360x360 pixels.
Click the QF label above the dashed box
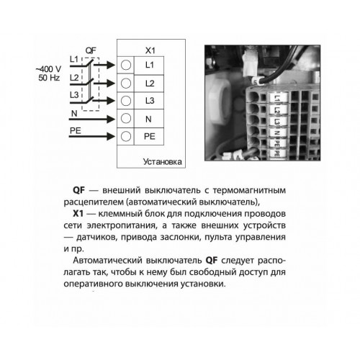pyautogui.click(x=91, y=50)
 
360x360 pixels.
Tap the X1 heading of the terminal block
pyautogui.click(x=150, y=50)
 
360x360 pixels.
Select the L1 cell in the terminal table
pyautogui.click(x=149, y=66)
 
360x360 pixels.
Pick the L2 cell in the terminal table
pyautogui.click(x=149, y=84)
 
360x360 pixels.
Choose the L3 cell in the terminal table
pyautogui.click(x=149, y=101)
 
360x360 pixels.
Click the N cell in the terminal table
pyautogui.click(x=149, y=119)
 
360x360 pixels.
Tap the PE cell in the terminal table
pyautogui.click(x=149, y=137)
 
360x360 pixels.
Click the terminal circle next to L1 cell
pyautogui.click(x=126, y=65)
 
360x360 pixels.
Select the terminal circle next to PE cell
pyautogui.click(x=126, y=136)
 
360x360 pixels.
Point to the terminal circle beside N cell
pyautogui.click(x=126, y=118)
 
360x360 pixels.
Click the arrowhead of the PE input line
pyautogui.click(x=111, y=137)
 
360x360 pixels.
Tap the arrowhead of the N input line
pyautogui.click(x=111, y=119)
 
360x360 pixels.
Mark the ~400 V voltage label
pyautogui.click(x=48, y=69)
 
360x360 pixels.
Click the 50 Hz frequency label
pyautogui.click(x=49, y=78)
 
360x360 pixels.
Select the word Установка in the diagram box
pyautogui.click(x=163, y=162)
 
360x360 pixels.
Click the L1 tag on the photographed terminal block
pyautogui.click(x=277, y=99)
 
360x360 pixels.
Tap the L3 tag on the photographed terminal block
pyautogui.click(x=277, y=122)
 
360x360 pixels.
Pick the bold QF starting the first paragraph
pyautogui.click(x=78, y=190)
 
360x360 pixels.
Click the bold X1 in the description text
pyautogui.click(x=78, y=214)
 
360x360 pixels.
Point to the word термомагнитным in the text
pyautogui.click(x=249, y=191)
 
